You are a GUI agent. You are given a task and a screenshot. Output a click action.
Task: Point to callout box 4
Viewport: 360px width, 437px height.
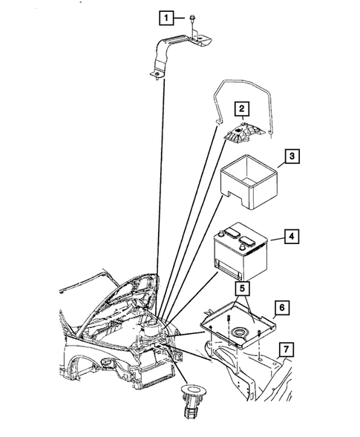pos(294,238)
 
